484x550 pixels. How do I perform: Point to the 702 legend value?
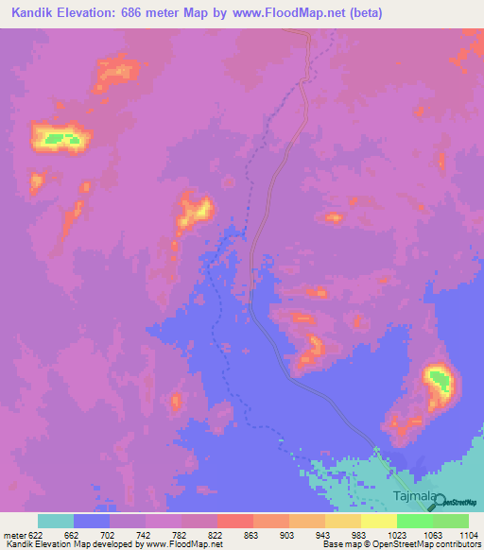[110, 535]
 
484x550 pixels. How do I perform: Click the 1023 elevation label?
[397, 535]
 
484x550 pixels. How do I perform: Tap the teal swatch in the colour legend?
[56, 521]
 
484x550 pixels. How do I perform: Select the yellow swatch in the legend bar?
[379, 521]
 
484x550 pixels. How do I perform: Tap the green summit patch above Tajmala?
[439, 380]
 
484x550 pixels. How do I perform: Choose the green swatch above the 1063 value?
[415, 521]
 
